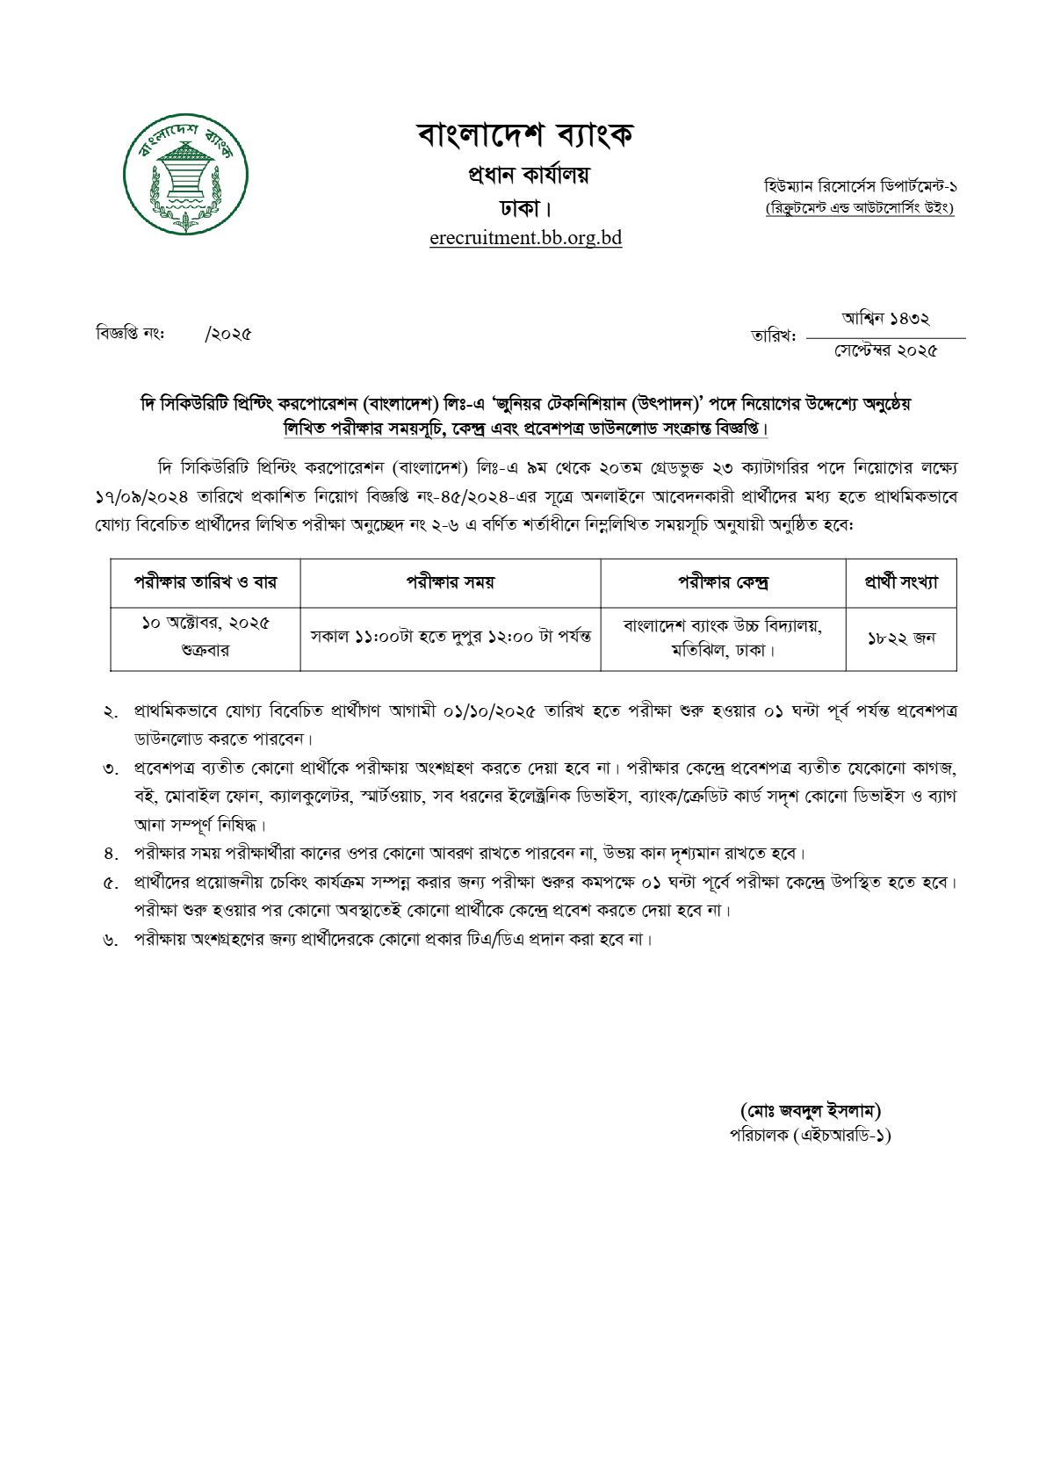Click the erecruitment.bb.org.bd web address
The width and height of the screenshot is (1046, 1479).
(x=525, y=237)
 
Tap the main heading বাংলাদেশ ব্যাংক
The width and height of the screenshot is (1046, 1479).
(x=525, y=135)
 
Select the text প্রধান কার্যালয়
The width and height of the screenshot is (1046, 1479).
(x=528, y=175)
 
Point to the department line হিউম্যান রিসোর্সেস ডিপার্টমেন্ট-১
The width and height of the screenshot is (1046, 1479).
(x=860, y=186)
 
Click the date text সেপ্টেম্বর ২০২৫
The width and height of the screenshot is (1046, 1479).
(x=885, y=350)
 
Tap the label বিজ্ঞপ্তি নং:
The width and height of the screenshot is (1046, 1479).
(x=130, y=334)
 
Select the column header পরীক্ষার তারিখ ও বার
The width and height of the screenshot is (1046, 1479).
(x=205, y=582)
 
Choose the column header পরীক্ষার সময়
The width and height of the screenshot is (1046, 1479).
(x=450, y=582)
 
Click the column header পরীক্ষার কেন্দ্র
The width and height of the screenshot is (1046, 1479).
(x=723, y=582)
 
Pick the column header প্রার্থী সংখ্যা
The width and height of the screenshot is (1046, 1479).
(x=901, y=582)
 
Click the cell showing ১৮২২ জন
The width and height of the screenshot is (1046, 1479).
(x=901, y=638)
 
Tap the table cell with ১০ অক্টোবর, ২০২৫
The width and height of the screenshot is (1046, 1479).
(x=206, y=624)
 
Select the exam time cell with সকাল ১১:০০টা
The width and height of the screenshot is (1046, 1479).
(x=450, y=637)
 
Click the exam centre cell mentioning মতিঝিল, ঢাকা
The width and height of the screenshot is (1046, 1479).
(x=723, y=651)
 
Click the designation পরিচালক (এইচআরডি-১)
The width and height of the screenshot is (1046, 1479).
(x=810, y=1136)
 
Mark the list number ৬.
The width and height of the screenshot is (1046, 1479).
(x=111, y=941)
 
